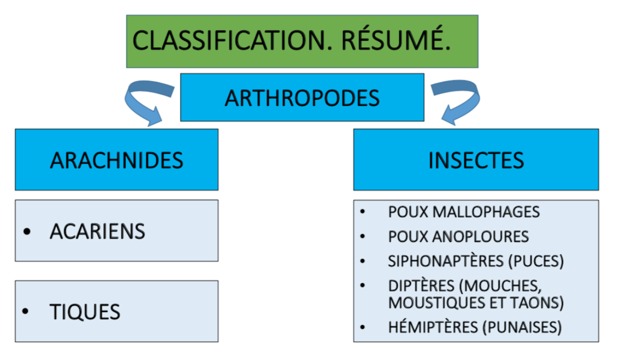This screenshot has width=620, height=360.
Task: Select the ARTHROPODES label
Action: [x=302, y=97]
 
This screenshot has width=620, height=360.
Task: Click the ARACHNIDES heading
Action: [x=116, y=160]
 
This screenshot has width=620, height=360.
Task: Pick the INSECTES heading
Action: [x=476, y=160]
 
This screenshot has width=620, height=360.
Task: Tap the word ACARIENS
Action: [x=97, y=231]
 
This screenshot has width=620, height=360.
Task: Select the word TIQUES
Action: [x=85, y=312]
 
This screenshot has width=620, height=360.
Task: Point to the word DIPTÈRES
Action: [x=421, y=285]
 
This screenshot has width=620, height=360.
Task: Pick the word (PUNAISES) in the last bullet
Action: [x=521, y=327]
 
